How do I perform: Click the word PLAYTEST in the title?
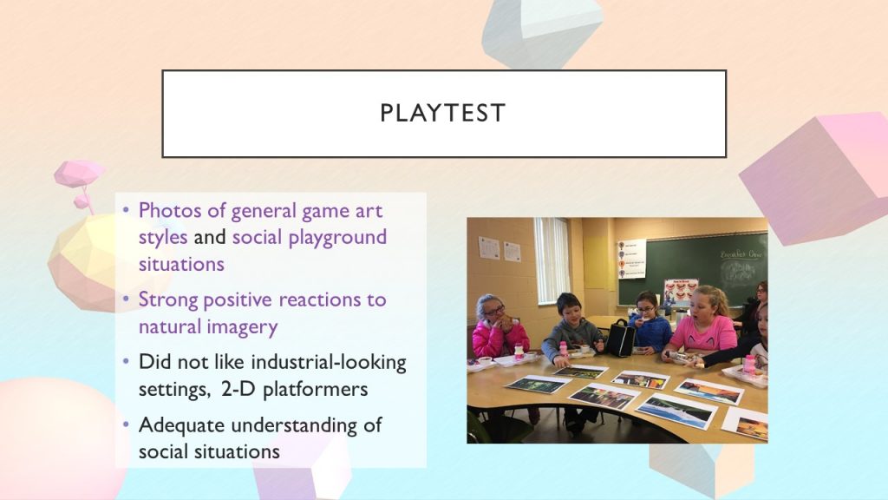pyautogui.click(x=442, y=113)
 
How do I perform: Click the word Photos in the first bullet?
pyautogui.click(x=170, y=210)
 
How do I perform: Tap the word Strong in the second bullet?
pyautogui.click(x=167, y=299)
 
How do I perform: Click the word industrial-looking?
pyautogui.click(x=329, y=362)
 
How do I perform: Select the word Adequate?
pyautogui.click(x=182, y=425)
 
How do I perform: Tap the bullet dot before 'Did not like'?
pyautogui.click(x=126, y=361)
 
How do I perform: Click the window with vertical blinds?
pyautogui.click(x=552, y=260)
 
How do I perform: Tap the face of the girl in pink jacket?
pyautogui.click(x=493, y=312)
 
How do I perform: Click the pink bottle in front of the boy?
pyautogui.click(x=564, y=349)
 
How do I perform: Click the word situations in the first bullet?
pyautogui.click(x=181, y=264)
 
